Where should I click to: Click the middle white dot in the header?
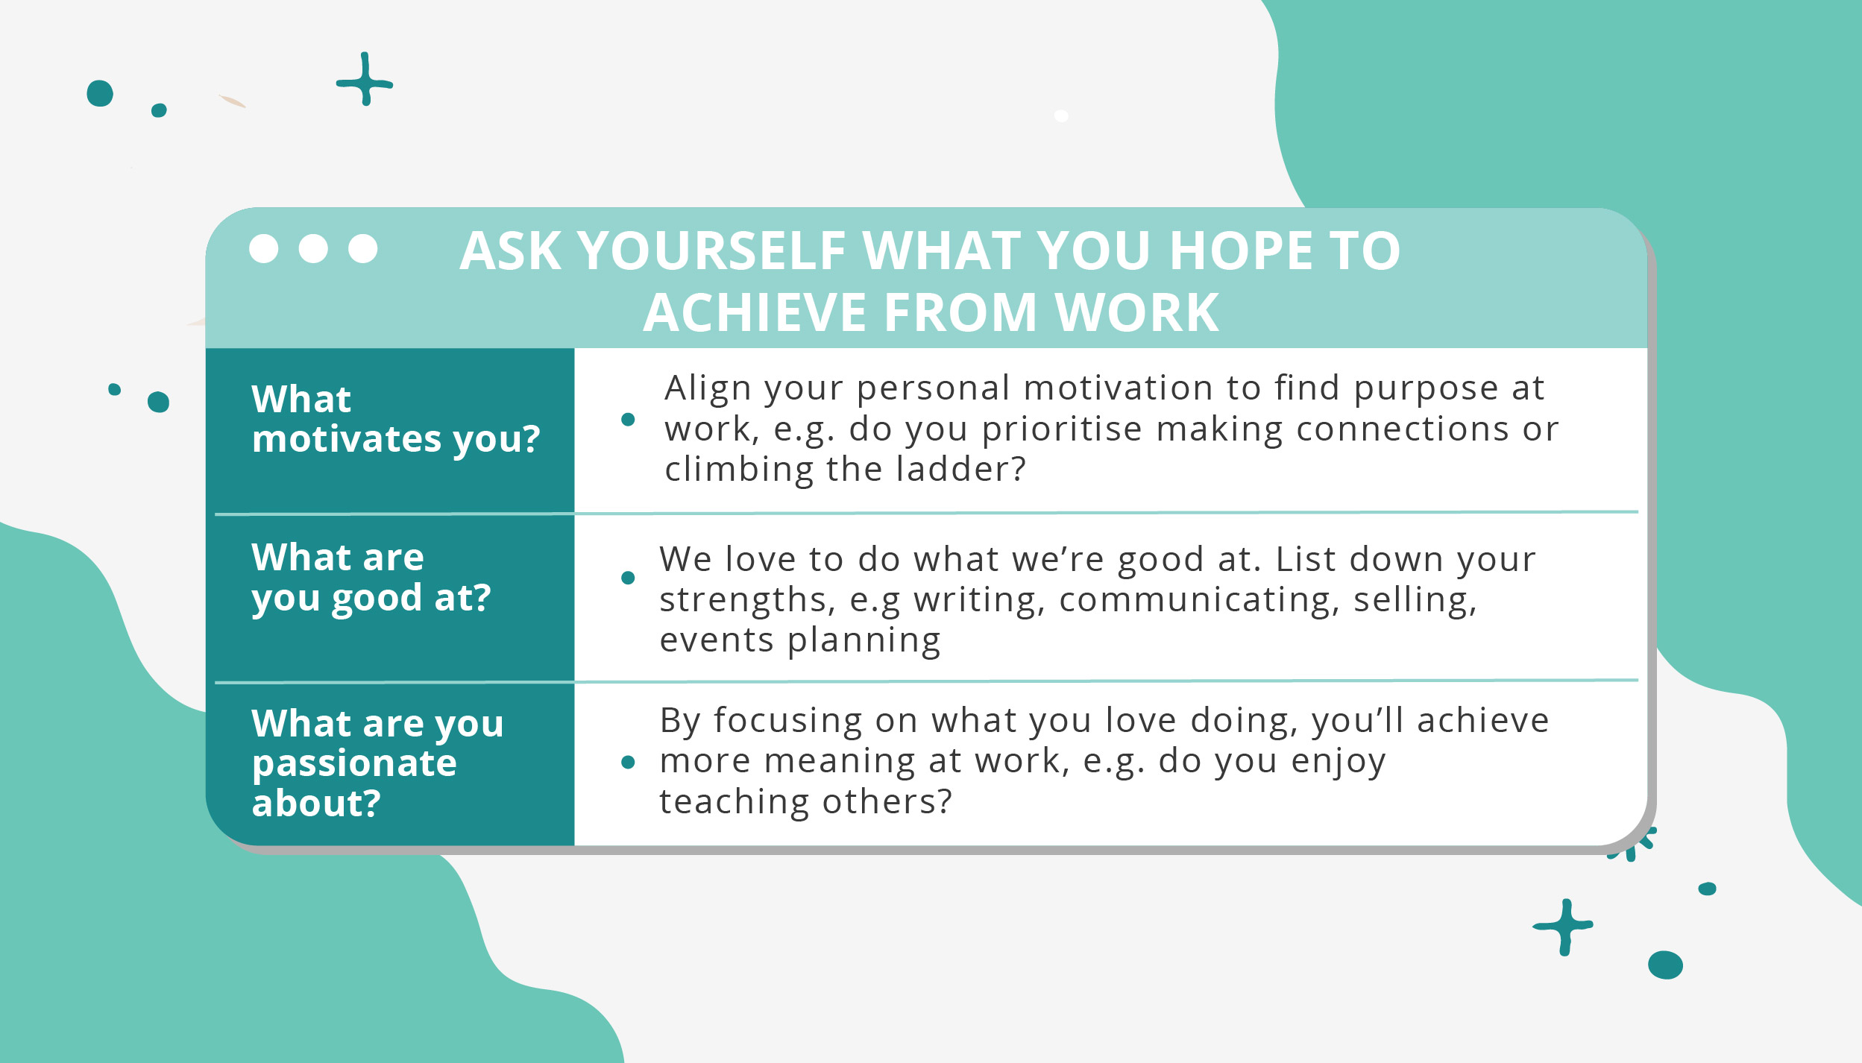(x=313, y=248)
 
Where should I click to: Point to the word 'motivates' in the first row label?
(x=347, y=438)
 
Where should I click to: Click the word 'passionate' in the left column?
(x=354, y=763)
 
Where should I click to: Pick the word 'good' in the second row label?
(x=377, y=598)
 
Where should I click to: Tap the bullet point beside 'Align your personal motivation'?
(x=628, y=420)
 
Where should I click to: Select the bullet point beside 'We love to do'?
(x=628, y=578)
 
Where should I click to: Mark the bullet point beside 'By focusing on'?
(x=628, y=762)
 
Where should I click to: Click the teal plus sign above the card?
(x=365, y=80)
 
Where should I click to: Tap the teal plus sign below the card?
(x=1564, y=927)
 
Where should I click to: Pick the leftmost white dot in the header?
(x=263, y=248)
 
